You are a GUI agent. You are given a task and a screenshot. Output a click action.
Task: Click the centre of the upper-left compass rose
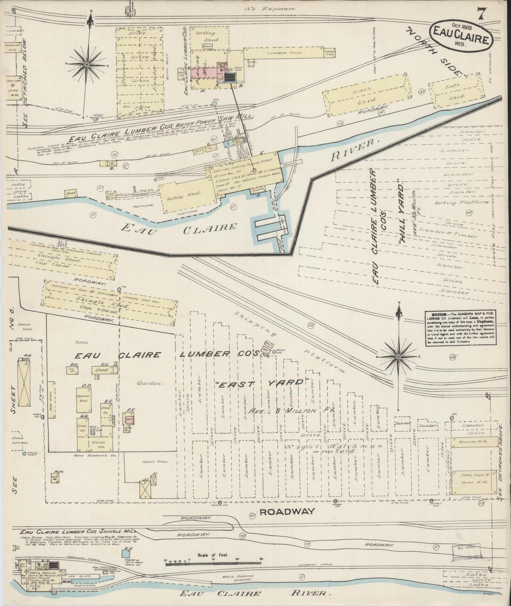pyautogui.click(x=87, y=64)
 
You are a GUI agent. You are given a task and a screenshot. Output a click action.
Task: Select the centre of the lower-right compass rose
pyautogui.click(x=399, y=356)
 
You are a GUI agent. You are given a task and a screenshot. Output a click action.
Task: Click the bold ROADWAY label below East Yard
pyautogui.click(x=286, y=511)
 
